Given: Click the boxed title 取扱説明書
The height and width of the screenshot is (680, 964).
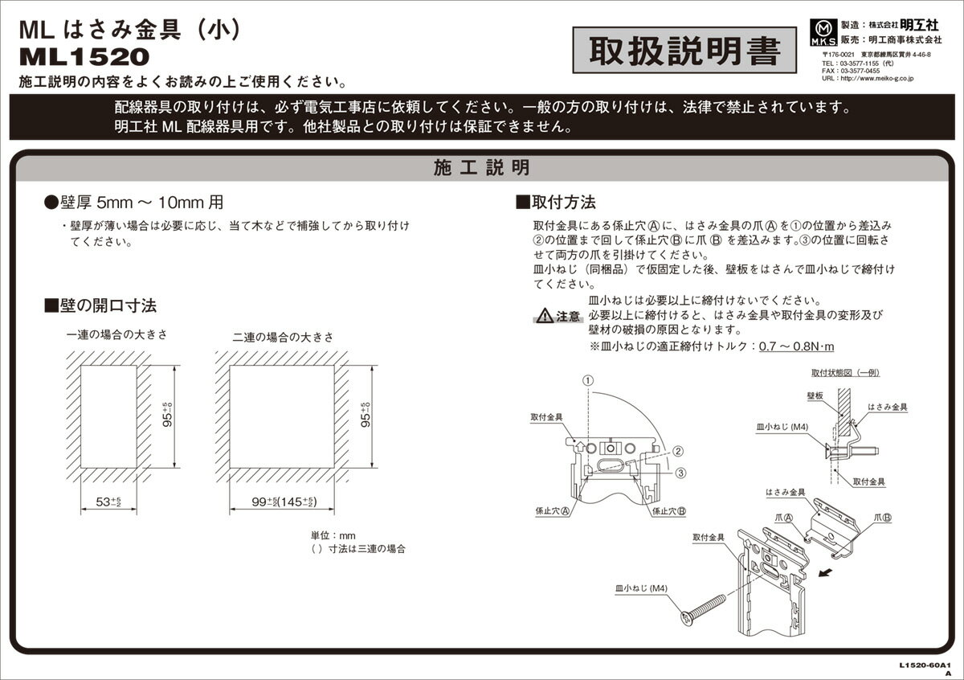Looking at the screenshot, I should click(684, 52).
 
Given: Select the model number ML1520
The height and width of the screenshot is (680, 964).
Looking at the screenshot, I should click(84, 57).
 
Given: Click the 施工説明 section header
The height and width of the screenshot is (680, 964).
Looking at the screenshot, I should click(481, 168).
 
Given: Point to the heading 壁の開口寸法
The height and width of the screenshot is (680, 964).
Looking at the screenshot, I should click(100, 305).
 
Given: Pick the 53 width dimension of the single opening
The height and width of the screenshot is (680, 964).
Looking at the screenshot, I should click(108, 502).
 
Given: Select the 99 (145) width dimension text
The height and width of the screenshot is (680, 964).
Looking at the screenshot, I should click(275, 502).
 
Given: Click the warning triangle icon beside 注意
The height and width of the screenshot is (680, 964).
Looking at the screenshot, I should click(545, 315).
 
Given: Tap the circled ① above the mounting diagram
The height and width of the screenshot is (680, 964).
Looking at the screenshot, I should click(588, 379).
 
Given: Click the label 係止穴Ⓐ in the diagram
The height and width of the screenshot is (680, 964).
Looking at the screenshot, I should click(553, 510).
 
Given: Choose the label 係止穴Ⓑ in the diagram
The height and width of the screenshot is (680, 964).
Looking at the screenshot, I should click(668, 510).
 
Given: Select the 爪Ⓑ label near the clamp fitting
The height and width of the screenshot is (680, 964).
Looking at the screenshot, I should click(881, 518).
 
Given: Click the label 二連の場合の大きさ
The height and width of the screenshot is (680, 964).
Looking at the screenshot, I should click(284, 336).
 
